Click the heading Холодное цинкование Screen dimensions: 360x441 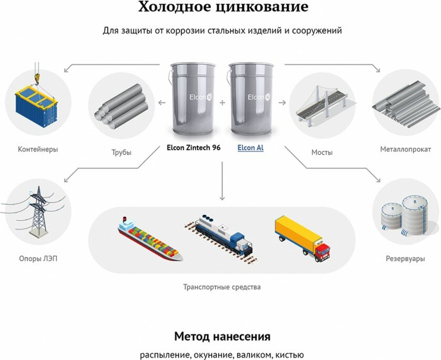coord(223,7)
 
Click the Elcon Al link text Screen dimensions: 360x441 coord(250,148)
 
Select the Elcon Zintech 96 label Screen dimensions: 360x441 coord(193,148)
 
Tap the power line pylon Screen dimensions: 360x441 coord(37,210)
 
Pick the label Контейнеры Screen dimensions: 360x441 coord(38,149)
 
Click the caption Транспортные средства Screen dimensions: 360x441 coord(222,287)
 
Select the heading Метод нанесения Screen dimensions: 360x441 coord(222,336)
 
